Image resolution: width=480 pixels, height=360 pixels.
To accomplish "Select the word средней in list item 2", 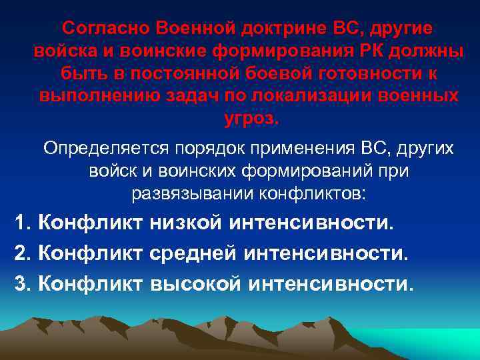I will point(195,253).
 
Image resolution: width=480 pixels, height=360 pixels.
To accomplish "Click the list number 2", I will point(21,253).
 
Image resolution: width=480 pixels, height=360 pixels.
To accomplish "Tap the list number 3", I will point(21,285).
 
